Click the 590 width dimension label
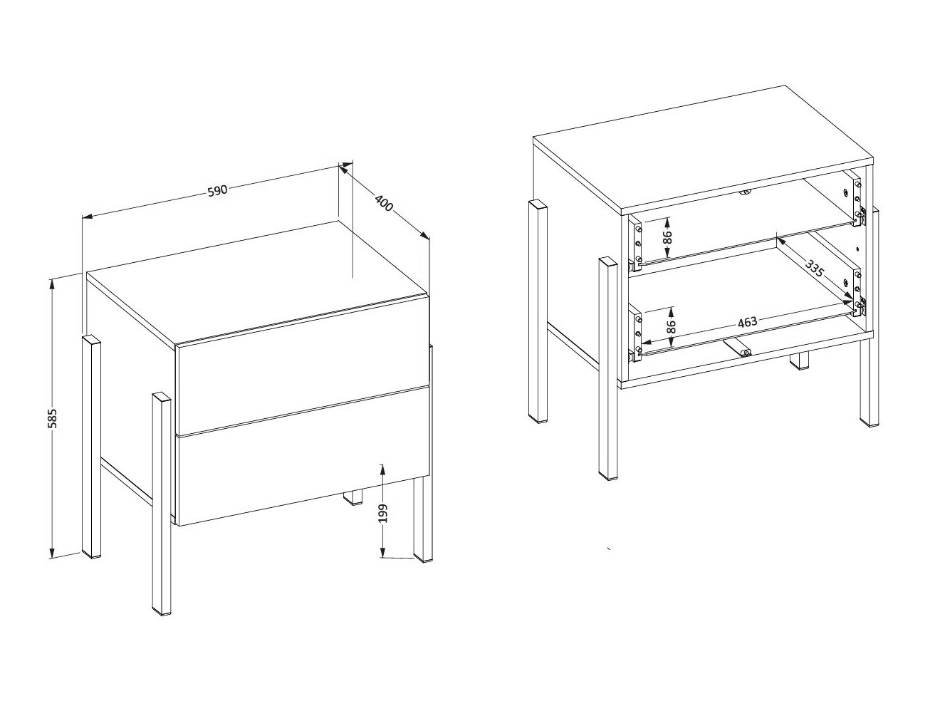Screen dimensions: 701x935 coord(216,190)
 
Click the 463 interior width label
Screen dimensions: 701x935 coord(747,322)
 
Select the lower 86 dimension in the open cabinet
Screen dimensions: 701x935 coord(670,326)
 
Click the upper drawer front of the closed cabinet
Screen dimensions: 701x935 coord(302,388)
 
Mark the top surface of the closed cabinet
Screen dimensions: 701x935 coord(256,281)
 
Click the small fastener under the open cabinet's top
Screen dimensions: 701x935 coord(745,191)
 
